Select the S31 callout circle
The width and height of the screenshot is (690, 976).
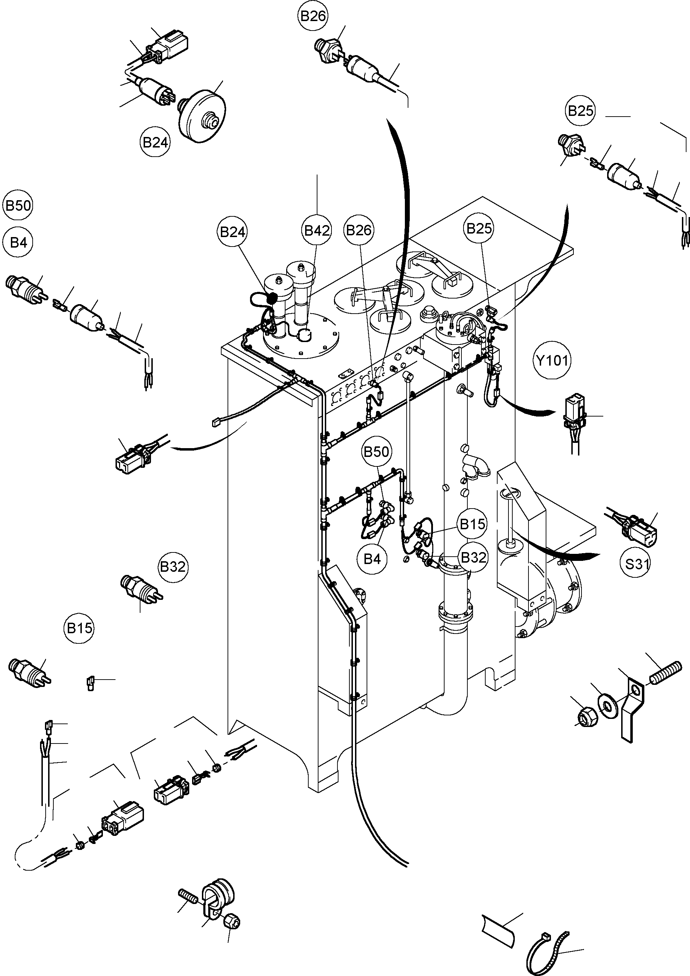coord(636,564)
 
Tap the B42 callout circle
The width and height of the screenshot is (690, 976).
coord(317,230)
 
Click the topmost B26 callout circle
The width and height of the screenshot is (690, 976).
coord(313,16)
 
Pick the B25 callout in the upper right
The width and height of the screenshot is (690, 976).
coord(580,111)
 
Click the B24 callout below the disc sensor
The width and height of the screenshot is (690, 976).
coord(155,142)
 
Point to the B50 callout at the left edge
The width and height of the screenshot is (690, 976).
coord(18,206)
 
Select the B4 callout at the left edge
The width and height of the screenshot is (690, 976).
coord(18,243)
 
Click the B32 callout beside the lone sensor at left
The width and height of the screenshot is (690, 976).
coord(173,566)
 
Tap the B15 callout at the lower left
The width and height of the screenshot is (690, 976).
coord(79,628)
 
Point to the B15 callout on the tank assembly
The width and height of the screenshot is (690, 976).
coord(472,524)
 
